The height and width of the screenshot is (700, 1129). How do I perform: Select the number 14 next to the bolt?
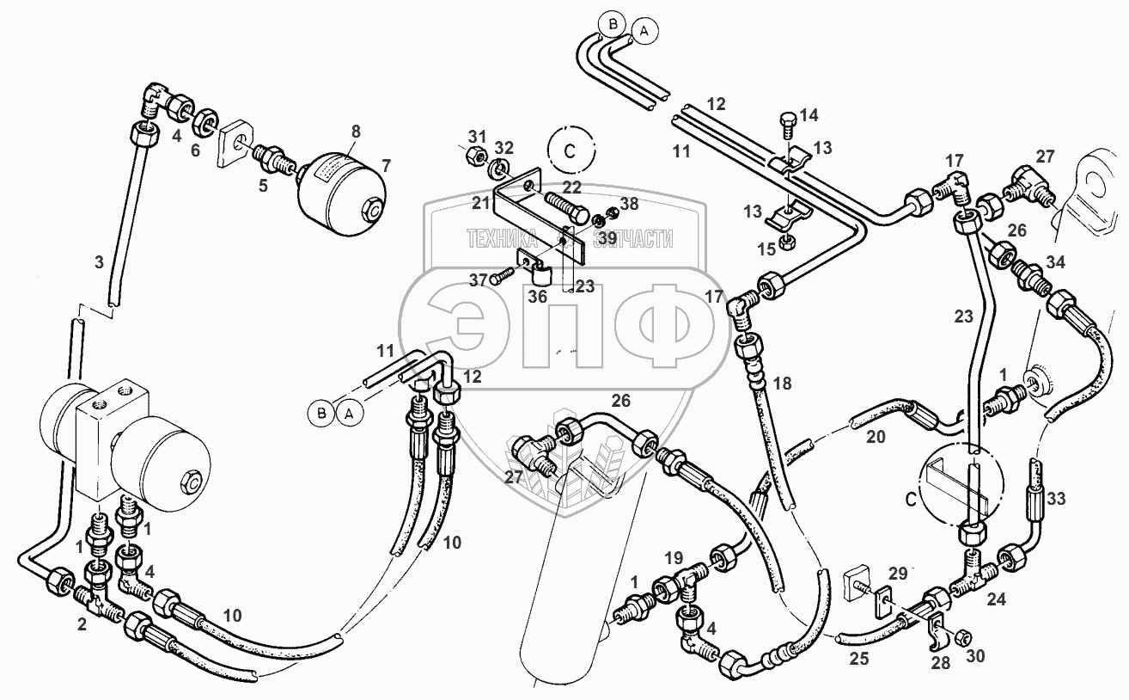click(x=809, y=115)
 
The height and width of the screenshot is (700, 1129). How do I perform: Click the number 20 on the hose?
click(x=875, y=436)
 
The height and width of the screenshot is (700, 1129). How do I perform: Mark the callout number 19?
click(x=674, y=556)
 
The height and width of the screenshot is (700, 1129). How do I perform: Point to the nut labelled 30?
click(x=963, y=636)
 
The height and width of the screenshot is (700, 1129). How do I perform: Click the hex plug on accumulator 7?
click(x=372, y=207)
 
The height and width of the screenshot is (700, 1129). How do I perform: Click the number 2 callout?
click(x=82, y=625)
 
